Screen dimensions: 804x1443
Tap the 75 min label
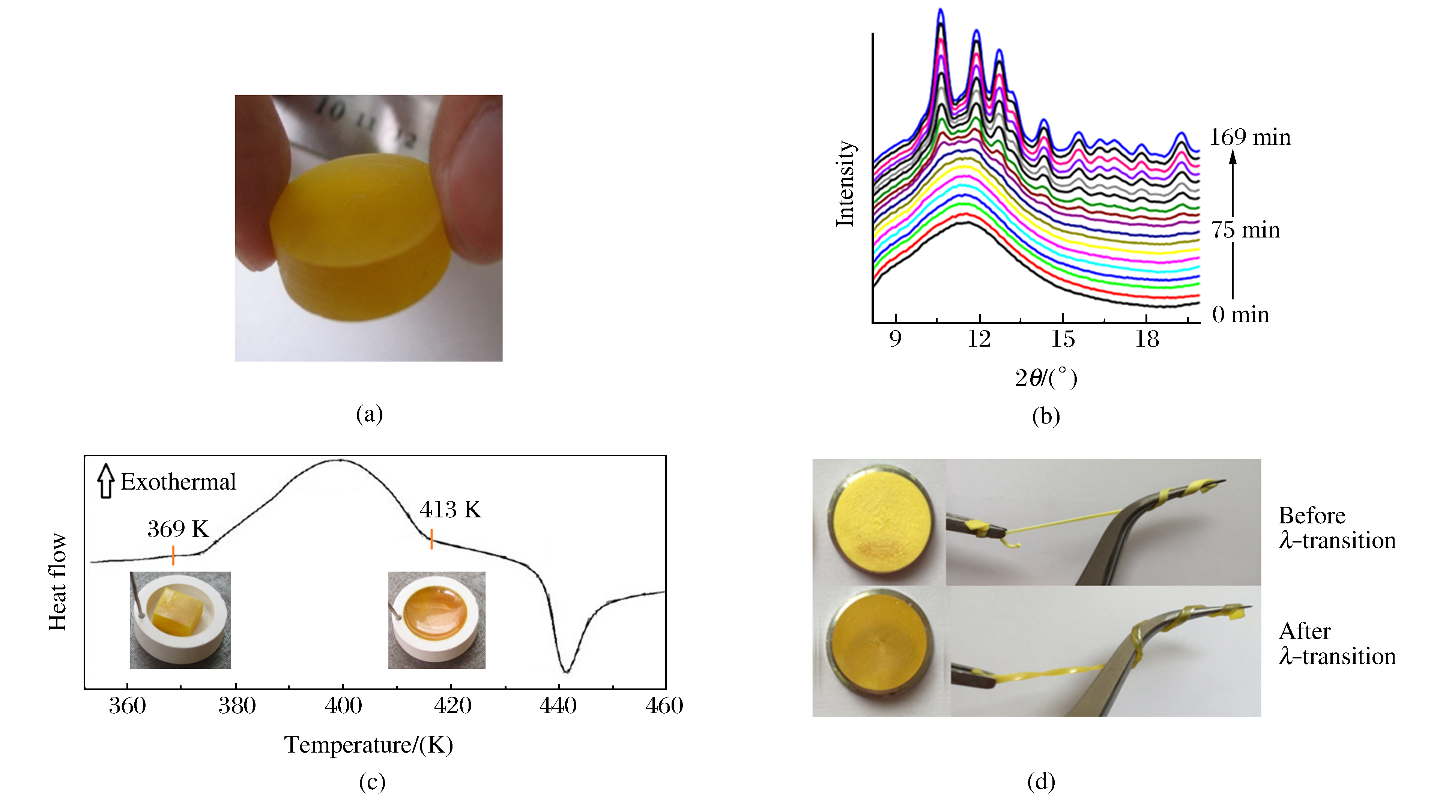1245,230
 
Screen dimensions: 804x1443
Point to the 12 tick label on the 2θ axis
979,339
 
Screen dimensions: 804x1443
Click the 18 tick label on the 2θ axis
1147,339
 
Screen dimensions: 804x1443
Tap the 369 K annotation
177,529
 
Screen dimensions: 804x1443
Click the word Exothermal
178,482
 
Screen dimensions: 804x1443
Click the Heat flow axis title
58,582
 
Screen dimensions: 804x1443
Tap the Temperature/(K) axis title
368,745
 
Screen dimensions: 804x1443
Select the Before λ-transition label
1336,528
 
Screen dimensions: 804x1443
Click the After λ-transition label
1336,644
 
